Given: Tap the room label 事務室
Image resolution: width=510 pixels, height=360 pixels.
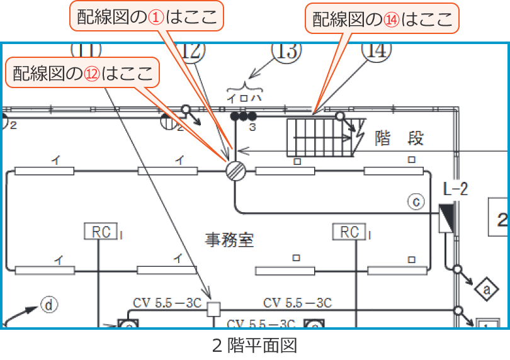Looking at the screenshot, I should point(230,240).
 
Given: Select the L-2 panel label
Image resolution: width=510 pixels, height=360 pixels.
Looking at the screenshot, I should point(455,189).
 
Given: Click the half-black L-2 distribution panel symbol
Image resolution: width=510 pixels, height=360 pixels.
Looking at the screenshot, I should point(446,218).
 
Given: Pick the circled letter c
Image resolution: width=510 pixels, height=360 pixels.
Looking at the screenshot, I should point(416,201).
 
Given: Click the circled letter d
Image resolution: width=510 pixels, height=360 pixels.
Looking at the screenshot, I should point(49,305).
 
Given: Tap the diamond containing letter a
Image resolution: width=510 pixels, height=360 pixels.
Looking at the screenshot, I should point(486,289).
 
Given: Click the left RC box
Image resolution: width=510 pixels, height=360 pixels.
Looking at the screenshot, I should point(101,232).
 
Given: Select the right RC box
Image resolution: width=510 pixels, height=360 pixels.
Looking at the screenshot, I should point(349,232).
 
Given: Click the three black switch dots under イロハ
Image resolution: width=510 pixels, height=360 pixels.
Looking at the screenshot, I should point(243,116).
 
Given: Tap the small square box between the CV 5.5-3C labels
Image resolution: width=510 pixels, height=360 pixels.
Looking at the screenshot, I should point(214,309).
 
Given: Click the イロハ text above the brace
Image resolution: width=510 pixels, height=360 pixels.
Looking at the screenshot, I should point(242,98).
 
